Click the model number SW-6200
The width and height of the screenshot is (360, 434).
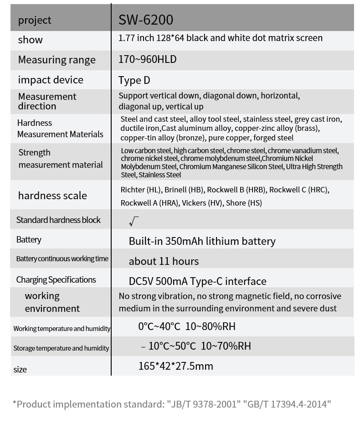[146, 20]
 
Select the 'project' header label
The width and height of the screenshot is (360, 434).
[35, 20]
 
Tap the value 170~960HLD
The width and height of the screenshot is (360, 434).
[147, 59]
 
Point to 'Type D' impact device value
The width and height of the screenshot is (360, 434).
[134, 80]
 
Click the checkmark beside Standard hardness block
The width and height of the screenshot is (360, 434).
[134, 222]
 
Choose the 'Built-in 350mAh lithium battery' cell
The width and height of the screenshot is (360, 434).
[202, 241]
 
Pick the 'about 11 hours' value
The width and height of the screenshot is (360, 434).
[164, 261]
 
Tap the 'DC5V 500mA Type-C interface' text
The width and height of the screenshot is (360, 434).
[197, 281]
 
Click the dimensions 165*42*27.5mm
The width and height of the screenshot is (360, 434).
[175, 366]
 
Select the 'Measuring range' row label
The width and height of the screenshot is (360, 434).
[57, 60]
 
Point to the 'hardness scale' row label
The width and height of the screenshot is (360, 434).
[52, 196]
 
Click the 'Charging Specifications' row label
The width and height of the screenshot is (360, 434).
[56, 279]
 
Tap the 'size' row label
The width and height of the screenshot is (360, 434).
[20, 369]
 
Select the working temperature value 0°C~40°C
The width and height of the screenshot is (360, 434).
[159, 326]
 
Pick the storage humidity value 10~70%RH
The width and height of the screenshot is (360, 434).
[226, 346]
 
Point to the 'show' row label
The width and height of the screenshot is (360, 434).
[31, 40]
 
